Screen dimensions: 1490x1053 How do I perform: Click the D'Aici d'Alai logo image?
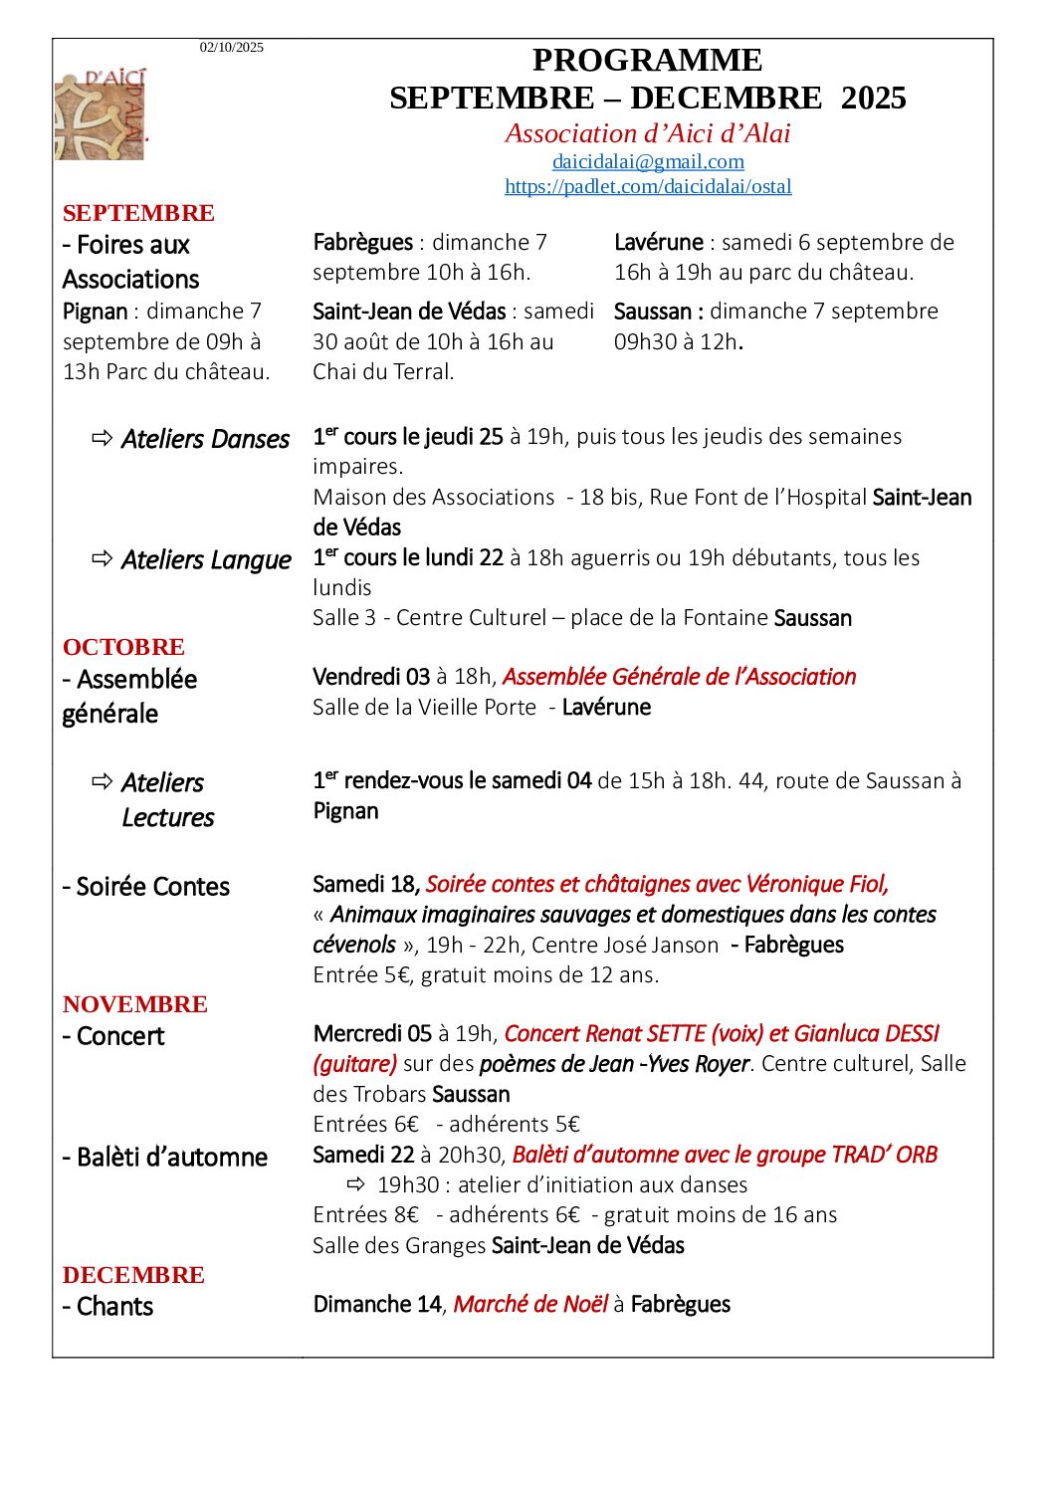101,114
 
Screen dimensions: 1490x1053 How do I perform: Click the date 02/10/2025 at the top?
231,47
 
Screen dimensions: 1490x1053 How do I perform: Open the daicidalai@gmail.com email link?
648,161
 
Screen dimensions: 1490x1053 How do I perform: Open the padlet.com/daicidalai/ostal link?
648,186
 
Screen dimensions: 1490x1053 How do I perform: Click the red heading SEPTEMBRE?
138,213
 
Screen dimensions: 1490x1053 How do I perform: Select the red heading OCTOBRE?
123,647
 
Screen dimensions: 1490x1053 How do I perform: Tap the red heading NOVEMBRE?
135,1004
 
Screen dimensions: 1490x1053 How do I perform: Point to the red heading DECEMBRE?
133,1275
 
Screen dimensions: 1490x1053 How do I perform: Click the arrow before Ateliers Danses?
103,438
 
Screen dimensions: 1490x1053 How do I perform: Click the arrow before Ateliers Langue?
103,558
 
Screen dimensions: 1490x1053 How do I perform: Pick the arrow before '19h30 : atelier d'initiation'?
356,1184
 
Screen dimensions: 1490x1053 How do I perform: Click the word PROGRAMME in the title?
647,61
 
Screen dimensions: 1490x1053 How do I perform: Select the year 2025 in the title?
873,99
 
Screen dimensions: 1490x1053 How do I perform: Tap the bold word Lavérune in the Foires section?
658,242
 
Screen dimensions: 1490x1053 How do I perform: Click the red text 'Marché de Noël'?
530,1304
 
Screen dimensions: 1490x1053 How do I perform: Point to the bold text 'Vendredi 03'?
371,677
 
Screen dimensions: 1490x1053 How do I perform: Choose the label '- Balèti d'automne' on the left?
164,1157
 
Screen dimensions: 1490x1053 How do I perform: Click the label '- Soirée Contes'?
145,886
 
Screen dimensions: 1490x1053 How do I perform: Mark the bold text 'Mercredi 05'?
372,1033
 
